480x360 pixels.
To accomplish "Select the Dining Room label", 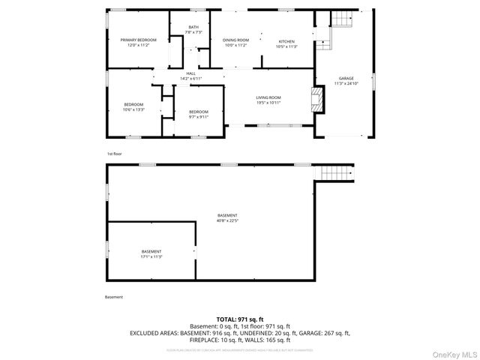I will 236,41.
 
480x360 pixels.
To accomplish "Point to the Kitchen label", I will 287,41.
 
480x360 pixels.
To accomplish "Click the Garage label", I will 346,78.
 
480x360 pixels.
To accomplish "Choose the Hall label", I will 190,73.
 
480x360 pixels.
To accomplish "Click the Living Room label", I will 268,97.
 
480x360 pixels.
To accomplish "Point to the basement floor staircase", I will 336,173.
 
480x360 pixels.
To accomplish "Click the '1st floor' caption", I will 113,153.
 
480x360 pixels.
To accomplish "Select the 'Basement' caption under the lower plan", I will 114,297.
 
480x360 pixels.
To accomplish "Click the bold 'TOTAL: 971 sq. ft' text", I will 239,319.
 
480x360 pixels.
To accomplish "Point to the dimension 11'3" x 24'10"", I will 346,83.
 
